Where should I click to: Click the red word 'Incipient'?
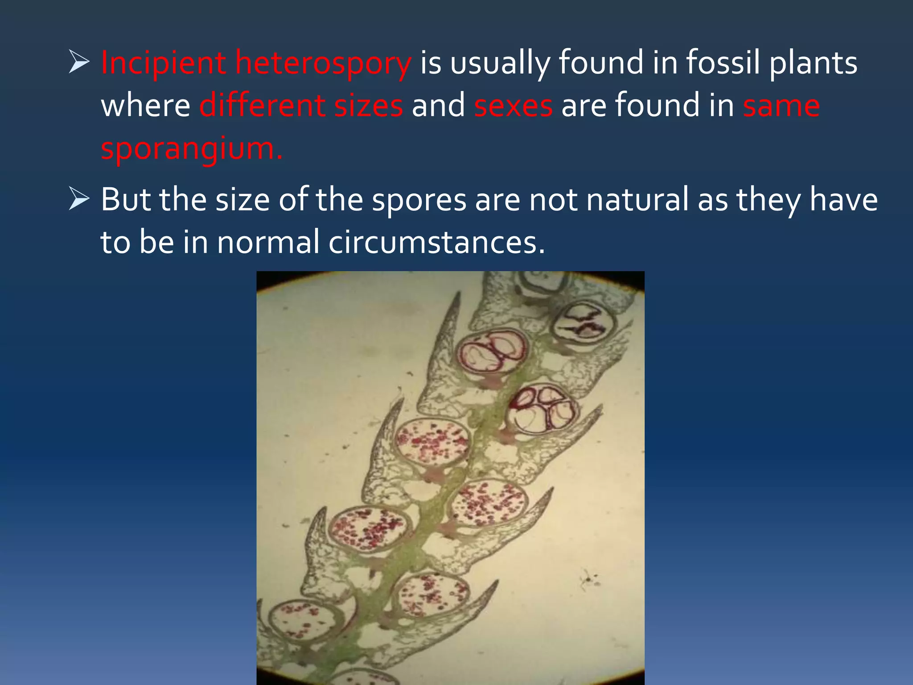click(x=163, y=63)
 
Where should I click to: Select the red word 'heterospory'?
click(x=323, y=63)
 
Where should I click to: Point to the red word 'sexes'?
click(x=513, y=106)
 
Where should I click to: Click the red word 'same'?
click(x=781, y=106)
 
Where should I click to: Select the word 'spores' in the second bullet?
click(x=419, y=200)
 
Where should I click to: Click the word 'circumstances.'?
click(x=437, y=243)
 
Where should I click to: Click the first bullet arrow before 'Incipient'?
click(x=79, y=62)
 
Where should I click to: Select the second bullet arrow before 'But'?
click(x=79, y=199)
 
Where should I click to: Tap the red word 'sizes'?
click(x=368, y=106)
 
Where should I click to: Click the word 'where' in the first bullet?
click(x=145, y=106)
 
